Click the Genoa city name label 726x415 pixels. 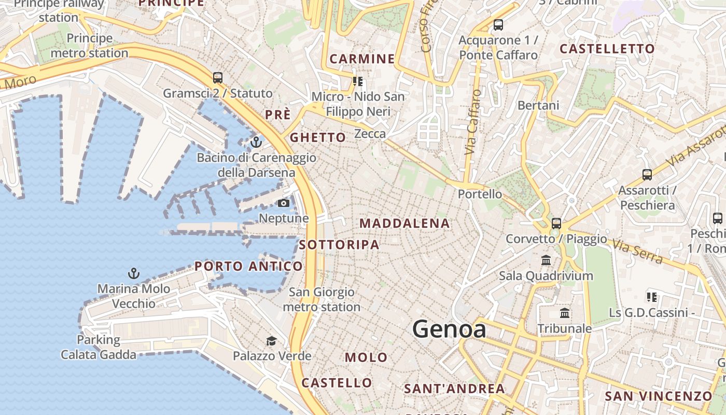(x=449, y=329)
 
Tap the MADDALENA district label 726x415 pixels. (x=404, y=224)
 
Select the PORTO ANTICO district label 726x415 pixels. (x=248, y=267)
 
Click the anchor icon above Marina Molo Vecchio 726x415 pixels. (x=134, y=273)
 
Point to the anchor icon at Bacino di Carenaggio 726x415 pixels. (x=256, y=142)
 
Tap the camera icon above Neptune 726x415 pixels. (x=284, y=203)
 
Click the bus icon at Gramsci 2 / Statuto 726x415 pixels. (x=218, y=78)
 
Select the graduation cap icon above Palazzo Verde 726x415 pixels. (x=271, y=341)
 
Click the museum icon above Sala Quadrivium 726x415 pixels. (x=546, y=260)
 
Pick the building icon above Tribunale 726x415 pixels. (x=565, y=313)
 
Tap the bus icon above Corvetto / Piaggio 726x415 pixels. (x=556, y=223)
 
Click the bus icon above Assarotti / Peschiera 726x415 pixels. (x=647, y=175)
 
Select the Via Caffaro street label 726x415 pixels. (x=473, y=122)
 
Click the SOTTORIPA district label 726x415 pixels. (x=339, y=245)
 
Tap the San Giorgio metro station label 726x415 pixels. (x=322, y=299)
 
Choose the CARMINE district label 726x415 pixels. (x=362, y=59)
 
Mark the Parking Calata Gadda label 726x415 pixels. (x=99, y=347)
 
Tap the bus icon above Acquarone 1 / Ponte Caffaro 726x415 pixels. (x=498, y=24)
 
